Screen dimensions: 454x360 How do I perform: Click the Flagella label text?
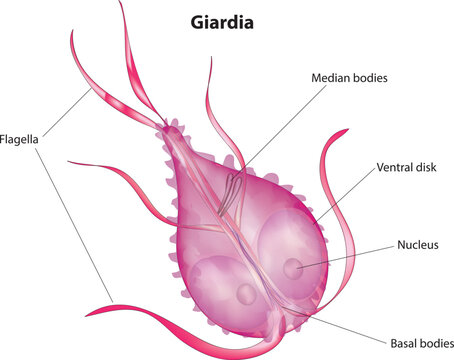coord(20,140)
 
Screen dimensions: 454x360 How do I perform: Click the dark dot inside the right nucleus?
coord(290,268)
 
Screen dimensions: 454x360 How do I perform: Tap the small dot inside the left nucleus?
coord(247,293)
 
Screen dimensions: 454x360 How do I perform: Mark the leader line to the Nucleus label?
coord(340,255)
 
